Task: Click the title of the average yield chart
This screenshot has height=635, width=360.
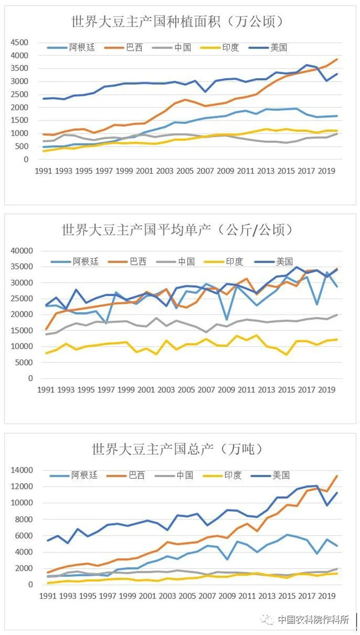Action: pyautogui.click(x=177, y=229)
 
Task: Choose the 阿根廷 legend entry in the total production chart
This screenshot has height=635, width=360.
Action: pyautogui.click(x=83, y=475)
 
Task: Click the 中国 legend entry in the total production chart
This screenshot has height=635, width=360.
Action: pyautogui.click(x=184, y=475)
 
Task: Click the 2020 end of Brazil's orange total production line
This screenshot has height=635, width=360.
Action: pyautogui.click(x=336, y=476)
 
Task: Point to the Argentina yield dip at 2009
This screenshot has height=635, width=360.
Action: pyautogui.click(x=227, y=319)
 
